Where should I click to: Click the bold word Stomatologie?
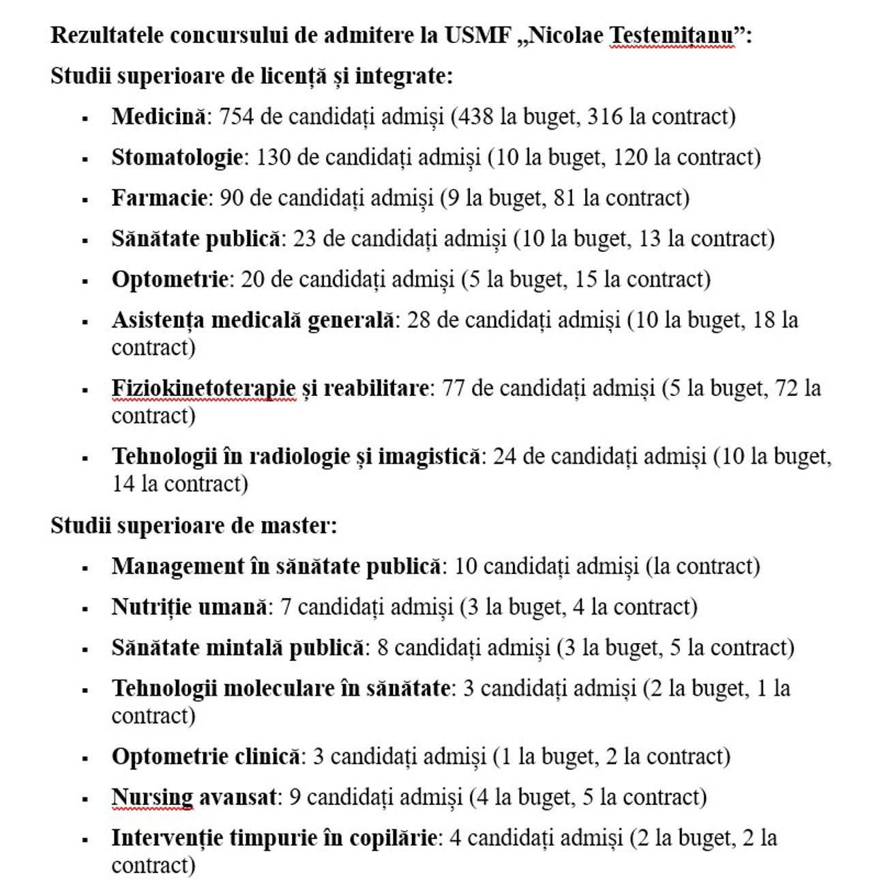[x=177, y=158]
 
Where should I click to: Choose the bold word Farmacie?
[x=159, y=198]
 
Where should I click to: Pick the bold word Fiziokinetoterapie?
[x=203, y=388]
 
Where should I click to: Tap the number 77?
[x=454, y=388]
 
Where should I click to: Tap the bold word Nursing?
[x=152, y=797]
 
